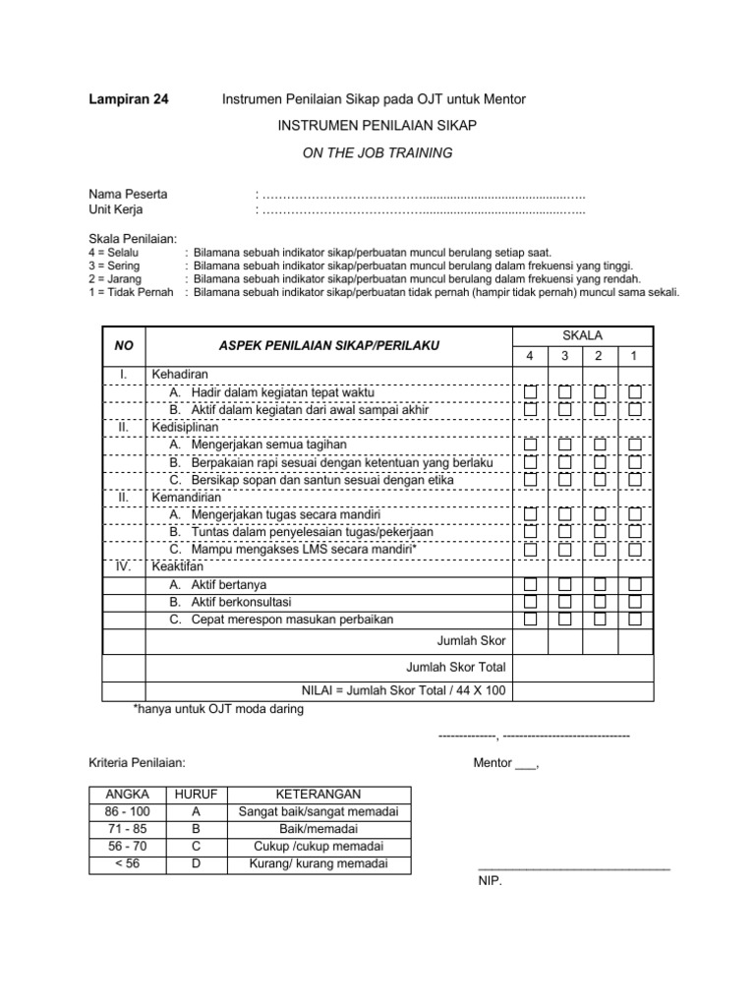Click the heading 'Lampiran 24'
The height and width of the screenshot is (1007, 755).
tap(129, 99)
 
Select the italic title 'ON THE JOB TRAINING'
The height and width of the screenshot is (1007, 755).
tap(377, 152)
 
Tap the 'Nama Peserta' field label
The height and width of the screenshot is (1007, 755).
tap(128, 194)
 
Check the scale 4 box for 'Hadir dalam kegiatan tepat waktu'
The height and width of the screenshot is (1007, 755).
tap(531, 392)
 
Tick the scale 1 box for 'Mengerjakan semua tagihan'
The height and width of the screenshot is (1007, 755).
tap(634, 444)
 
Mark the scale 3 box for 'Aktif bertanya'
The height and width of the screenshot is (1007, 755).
tap(565, 585)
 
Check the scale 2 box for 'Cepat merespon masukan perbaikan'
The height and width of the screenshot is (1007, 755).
tap(600, 620)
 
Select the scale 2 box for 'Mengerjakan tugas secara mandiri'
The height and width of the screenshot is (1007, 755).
tap(600, 514)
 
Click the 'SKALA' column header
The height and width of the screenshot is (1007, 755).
tap(583, 336)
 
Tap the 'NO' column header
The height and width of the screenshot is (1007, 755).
tap(124, 346)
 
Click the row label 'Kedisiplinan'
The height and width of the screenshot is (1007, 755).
tap(185, 428)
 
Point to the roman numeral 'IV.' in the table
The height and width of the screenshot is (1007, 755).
tap(124, 567)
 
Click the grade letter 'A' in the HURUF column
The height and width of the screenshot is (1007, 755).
tap(197, 811)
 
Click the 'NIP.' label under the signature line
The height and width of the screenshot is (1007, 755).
tap(490, 881)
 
